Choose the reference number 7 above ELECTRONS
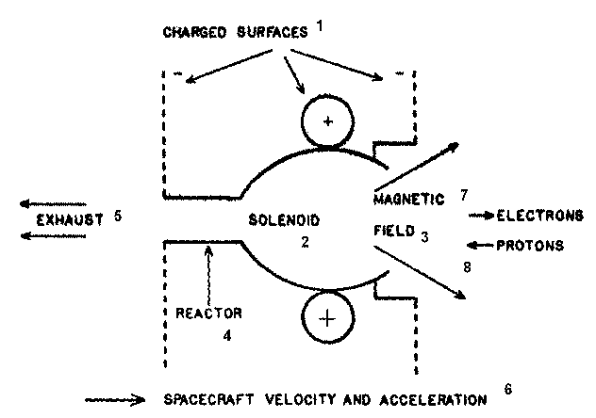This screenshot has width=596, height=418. point(464,194)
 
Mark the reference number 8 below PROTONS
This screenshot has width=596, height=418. point(466,267)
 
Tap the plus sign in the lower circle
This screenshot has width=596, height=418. point(326,318)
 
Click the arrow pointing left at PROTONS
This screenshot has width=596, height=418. point(478,247)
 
